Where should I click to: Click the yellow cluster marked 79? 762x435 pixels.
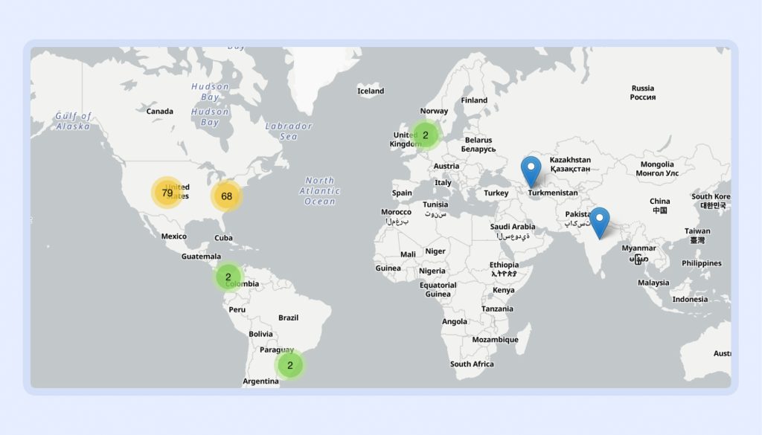tap(167, 193)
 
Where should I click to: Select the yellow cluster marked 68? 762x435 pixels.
tap(226, 196)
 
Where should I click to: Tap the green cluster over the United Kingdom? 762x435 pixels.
tap(425, 135)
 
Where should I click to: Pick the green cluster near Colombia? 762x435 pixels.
tap(228, 277)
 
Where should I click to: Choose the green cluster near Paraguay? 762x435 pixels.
tap(289, 365)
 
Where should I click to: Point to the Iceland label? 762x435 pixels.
tap(371, 91)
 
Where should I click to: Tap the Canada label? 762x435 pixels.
tap(159, 112)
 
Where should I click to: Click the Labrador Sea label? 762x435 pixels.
tap(289, 131)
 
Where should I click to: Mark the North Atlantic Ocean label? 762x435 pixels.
tap(320, 191)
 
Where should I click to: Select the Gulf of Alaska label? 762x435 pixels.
tap(74, 121)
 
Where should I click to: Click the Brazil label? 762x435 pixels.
tap(288, 318)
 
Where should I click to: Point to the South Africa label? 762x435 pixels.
tap(472, 364)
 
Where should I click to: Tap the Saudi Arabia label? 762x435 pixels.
tap(513, 231)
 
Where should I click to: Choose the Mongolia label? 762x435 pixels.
tap(657, 168)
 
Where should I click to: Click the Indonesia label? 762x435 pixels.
tap(690, 299)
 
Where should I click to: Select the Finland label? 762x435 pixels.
tap(474, 100)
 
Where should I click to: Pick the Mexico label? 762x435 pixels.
tap(174, 236)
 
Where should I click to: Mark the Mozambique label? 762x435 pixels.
tap(495, 340)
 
